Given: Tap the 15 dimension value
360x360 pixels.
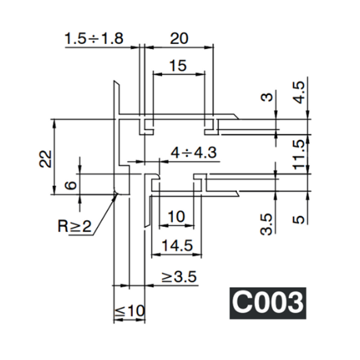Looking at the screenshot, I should [x=178, y=65].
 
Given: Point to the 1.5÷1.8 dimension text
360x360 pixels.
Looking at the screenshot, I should [x=94, y=39].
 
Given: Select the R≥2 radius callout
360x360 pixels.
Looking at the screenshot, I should [x=75, y=226].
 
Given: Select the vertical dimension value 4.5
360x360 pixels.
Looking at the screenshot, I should [x=300, y=93].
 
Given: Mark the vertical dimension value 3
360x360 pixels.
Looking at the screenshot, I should [x=268, y=96].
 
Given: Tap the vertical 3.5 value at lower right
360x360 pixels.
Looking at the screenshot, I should [x=268, y=223].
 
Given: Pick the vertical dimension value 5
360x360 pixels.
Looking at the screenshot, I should [x=300, y=219].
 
